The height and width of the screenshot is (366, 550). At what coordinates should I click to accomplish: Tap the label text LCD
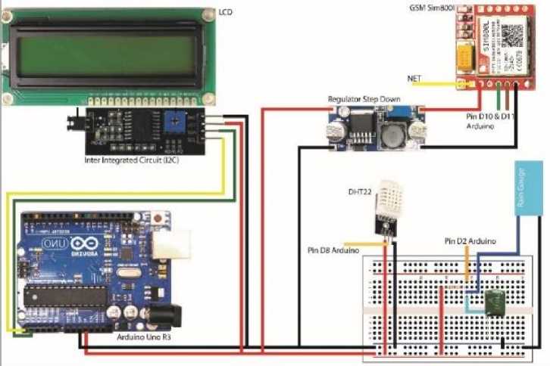(226, 12)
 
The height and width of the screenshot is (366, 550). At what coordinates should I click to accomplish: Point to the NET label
(414, 78)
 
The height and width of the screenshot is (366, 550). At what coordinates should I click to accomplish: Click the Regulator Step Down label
(364, 99)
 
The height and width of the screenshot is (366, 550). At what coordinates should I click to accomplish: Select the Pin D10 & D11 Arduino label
(490, 123)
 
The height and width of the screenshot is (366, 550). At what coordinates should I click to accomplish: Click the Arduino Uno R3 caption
(144, 337)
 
